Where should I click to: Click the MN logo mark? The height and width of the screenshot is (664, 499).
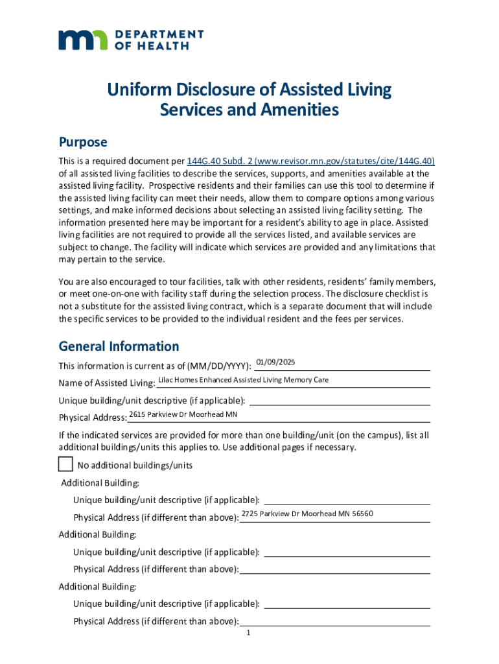coord(84,40)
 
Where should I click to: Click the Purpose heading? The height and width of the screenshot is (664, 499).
coord(83,142)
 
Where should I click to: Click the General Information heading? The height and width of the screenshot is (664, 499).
coord(119,346)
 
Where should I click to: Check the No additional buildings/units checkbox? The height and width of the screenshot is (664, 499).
coord(65,464)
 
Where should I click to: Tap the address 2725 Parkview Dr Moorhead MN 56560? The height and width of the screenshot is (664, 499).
coord(307,514)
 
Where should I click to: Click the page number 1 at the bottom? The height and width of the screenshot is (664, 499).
coord(248,634)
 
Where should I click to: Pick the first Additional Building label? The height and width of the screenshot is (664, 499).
coord(99,483)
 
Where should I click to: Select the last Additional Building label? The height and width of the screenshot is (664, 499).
coord(97,587)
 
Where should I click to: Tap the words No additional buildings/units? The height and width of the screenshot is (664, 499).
coord(135,466)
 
